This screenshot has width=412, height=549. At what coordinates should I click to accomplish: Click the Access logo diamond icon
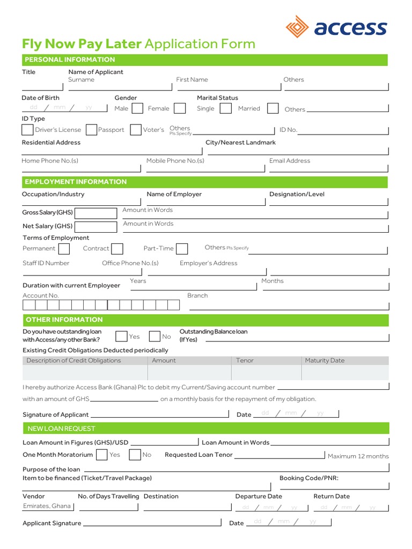(298, 27)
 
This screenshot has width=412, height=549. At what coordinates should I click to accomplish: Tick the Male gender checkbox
(137, 108)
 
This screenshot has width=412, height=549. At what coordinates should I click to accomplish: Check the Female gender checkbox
(180, 108)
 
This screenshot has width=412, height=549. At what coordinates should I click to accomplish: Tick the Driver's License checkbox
(27, 130)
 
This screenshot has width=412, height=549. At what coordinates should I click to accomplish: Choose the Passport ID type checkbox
(91, 130)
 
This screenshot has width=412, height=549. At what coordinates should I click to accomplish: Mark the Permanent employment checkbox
(64, 249)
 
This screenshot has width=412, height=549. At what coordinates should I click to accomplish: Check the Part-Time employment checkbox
(182, 249)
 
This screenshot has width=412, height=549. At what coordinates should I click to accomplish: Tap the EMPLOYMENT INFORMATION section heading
(76, 182)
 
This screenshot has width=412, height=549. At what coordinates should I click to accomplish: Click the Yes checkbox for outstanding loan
(121, 336)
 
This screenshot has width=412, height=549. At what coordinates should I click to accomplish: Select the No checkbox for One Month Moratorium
(135, 455)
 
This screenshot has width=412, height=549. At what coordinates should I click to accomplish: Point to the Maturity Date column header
(325, 360)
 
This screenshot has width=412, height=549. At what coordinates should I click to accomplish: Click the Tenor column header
(245, 360)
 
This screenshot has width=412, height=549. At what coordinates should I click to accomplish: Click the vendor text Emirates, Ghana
(47, 506)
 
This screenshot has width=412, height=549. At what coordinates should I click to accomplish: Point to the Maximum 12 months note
(358, 456)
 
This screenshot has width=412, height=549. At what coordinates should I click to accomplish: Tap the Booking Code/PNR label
(308, 478)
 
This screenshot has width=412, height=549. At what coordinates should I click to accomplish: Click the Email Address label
(290, 160)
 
